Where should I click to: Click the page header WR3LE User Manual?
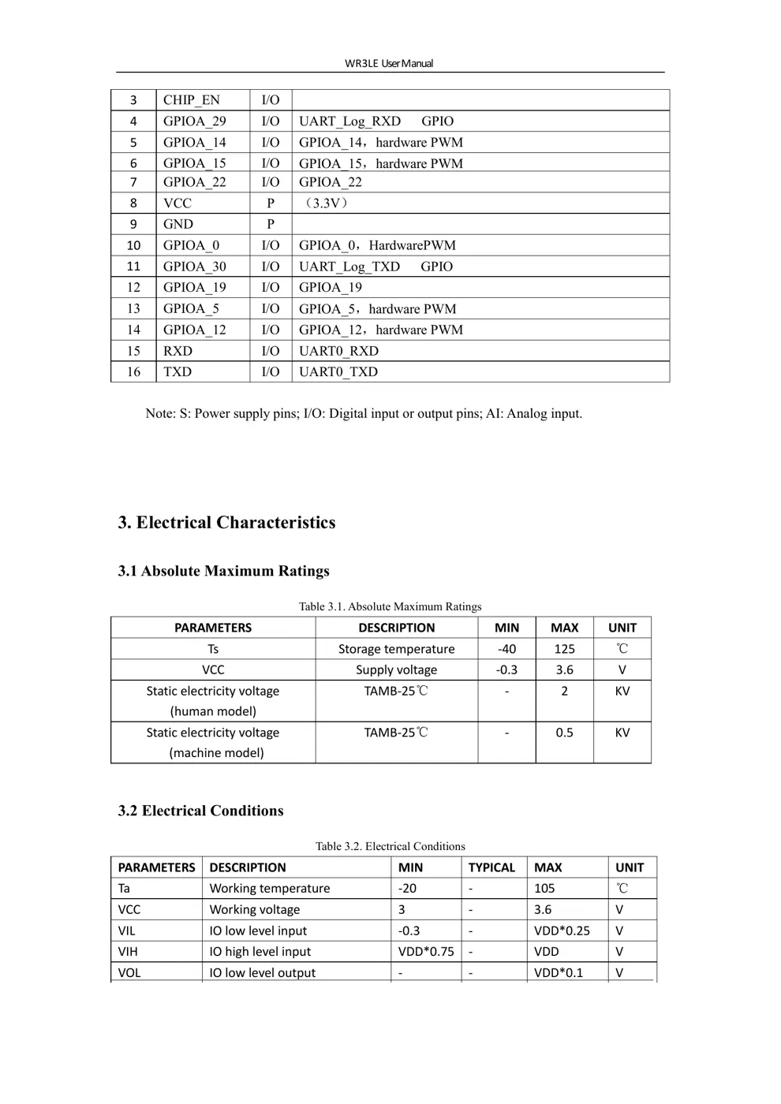pyautogui.click(x=389, y=63)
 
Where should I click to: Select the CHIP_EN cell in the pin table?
pyautogui.click(x=192, y=100)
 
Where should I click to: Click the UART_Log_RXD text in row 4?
pyautogui.click(x=349, y=121)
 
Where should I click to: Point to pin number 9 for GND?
pyautogui.click(x=133, y=225)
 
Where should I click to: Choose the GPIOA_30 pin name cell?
pyautogui.click(x=194, y=267)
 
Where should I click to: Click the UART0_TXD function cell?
pyautogui.click(x=338, y=372)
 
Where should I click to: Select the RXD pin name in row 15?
pyautogui.click(x=177, y=351)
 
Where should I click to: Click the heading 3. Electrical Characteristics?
pyautogui.click(x=226, y=523)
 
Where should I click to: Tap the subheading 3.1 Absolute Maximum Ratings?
pyautogui.click(x=223, y=571)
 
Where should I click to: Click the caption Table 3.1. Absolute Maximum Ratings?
pyautogui.click(x=390, y=606)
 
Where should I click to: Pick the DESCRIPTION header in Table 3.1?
pyautogui.click(x=396, y=628)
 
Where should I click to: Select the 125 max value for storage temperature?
pyautogui.click(x=564, y=649)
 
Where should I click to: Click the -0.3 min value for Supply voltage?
pyautogui.click(x=506, y=670)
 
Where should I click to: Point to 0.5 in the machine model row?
pyautogui.click(x=564, y=733)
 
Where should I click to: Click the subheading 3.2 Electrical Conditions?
pyautogui.click(x=200, y=811)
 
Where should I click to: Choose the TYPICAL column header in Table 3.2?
pyautogui.click(x=491, y=867)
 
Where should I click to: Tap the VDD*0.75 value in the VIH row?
pyautogui.click(x=426, y=952)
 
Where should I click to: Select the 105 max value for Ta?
pyautogui.click(x=544, y=889)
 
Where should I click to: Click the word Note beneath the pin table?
pyautogui.click(x=159, y=414)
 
